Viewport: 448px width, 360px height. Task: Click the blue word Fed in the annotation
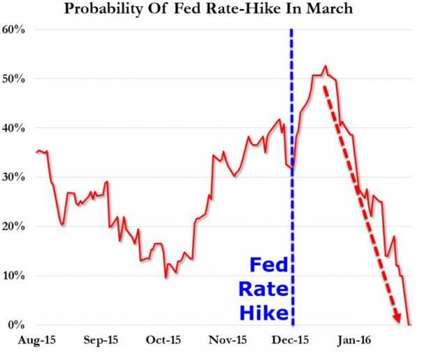pos(267,267)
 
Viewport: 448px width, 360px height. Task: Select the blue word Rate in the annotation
pos(262,289)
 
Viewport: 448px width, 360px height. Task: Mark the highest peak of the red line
pos(325,67)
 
